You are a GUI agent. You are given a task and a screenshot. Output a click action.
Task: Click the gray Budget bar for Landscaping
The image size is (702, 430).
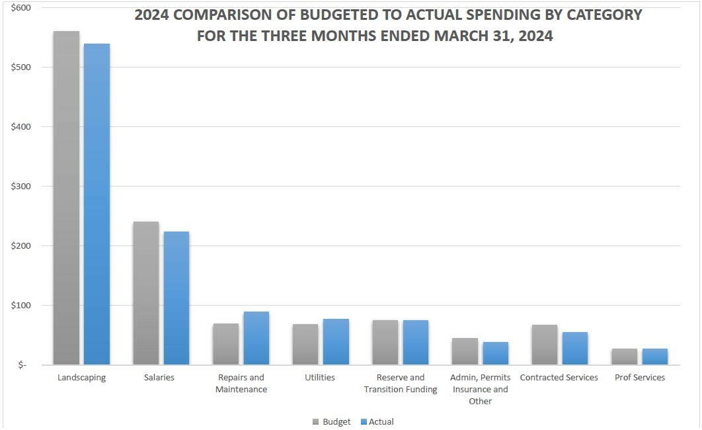tap(66, 198)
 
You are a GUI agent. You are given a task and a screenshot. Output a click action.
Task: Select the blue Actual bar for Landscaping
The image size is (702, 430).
tap(97, 204)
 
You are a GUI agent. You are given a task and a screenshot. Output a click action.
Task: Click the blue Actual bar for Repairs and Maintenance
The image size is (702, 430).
tap(256, 338)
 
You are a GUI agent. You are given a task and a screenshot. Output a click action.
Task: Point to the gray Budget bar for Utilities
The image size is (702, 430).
tap(305, 345)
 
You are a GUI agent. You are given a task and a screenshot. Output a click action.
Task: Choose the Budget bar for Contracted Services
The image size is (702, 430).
tap(544, 345)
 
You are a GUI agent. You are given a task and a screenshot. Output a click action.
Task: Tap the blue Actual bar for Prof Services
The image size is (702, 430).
tap(654, 357)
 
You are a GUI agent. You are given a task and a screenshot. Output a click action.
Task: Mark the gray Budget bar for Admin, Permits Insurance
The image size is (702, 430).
tap(465, 351)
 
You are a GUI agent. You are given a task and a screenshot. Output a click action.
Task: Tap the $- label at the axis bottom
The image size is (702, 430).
tap(22, 365)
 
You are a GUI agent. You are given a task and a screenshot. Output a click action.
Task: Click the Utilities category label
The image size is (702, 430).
tap(321, 378)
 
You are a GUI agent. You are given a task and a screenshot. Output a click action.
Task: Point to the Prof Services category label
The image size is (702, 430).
tap(640, 378)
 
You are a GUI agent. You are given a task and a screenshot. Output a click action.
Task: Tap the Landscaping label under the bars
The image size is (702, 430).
tap(81, 378)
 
